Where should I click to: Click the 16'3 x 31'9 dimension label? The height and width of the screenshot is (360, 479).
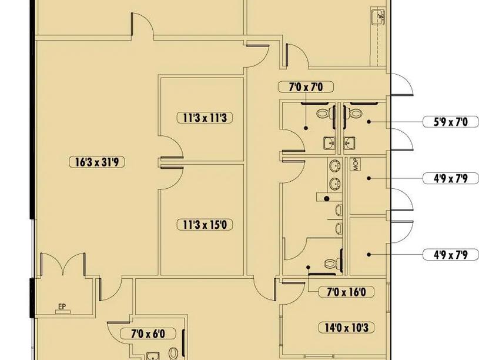point(97,162)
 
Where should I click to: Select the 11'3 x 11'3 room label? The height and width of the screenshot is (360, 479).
point(205,118)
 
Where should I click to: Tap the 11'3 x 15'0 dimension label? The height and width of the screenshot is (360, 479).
point(205,225)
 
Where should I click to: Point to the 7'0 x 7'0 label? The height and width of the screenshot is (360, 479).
point(306,87)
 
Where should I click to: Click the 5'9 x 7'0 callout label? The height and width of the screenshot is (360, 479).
point(451,122)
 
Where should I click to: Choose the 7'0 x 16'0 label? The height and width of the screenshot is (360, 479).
point(346,292)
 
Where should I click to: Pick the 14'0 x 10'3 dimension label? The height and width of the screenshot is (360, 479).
point(346,328)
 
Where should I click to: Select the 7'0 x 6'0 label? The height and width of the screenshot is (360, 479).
point(148,334)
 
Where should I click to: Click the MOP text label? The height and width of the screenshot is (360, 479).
point(356,164)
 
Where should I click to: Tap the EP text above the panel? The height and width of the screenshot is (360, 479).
point(62,306)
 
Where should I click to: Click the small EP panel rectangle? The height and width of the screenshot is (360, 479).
point(63,312)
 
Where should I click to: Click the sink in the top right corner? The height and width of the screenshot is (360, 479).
point(377,16)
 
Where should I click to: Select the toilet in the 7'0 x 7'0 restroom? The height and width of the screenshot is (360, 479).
point(323,113)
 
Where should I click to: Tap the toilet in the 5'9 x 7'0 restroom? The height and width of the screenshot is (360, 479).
point(354,113)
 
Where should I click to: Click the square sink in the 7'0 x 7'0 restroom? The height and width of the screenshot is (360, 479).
point(329,143)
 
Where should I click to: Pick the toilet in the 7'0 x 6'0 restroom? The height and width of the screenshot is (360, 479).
point(173,354)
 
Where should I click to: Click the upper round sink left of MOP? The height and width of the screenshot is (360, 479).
point(335,166)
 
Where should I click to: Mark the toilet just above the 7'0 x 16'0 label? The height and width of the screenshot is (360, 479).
point(331,263)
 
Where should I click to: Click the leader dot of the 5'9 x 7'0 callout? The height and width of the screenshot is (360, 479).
point(369,122)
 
